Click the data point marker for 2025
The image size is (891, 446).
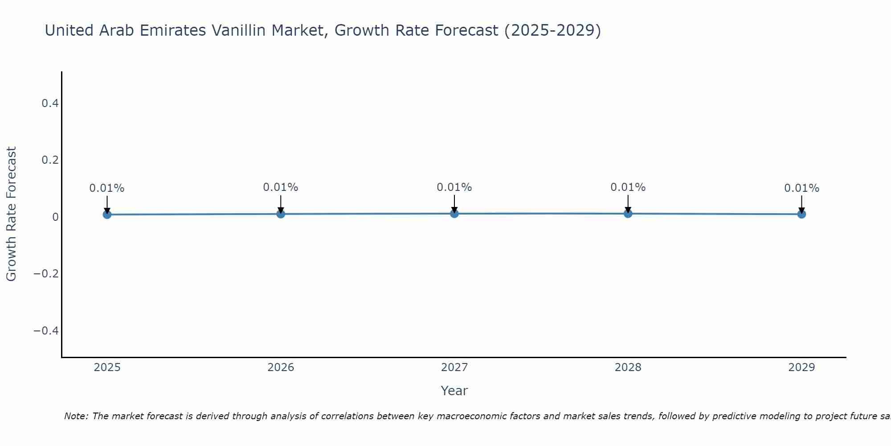coord(107,215)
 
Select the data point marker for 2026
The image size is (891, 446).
coord(281,214)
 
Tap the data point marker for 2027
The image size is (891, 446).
coord(454,214)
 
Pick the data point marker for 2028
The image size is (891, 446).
coord(628,214)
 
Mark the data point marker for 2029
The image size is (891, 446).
coord(801,214)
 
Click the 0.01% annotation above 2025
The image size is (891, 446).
coord(107,188)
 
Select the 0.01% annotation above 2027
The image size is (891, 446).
coord(454,187)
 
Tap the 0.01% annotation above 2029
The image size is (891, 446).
coord(801,188)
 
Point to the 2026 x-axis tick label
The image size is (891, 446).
coord(281,368)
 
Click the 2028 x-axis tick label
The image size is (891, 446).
coord(628,368)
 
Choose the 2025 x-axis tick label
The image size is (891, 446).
coord(107,368)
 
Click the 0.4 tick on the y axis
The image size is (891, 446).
coord(50,103)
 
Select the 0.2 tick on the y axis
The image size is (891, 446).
coord(50,160)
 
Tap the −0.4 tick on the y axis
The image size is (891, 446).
coord(46,330)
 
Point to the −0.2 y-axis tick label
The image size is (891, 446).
coord(46,273)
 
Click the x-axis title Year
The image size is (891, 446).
coord(454,391)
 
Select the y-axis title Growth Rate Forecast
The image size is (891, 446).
coord(11,214)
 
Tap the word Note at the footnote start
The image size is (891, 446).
coord(76,416)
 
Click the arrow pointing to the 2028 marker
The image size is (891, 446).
coord(628,204)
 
